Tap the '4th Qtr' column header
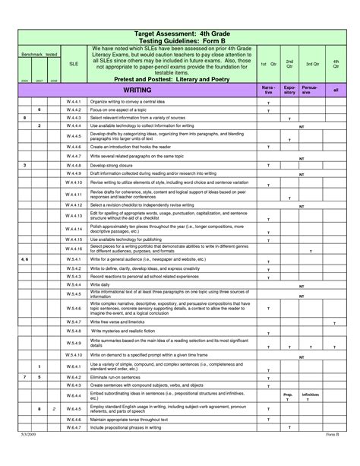[336, 65]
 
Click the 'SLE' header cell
[73, 65]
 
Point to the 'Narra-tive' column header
[268, 90]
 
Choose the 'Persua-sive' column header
[310, 90]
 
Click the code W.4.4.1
[73, 101]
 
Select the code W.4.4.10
[73, 183]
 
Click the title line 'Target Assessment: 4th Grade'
[179, 34]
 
